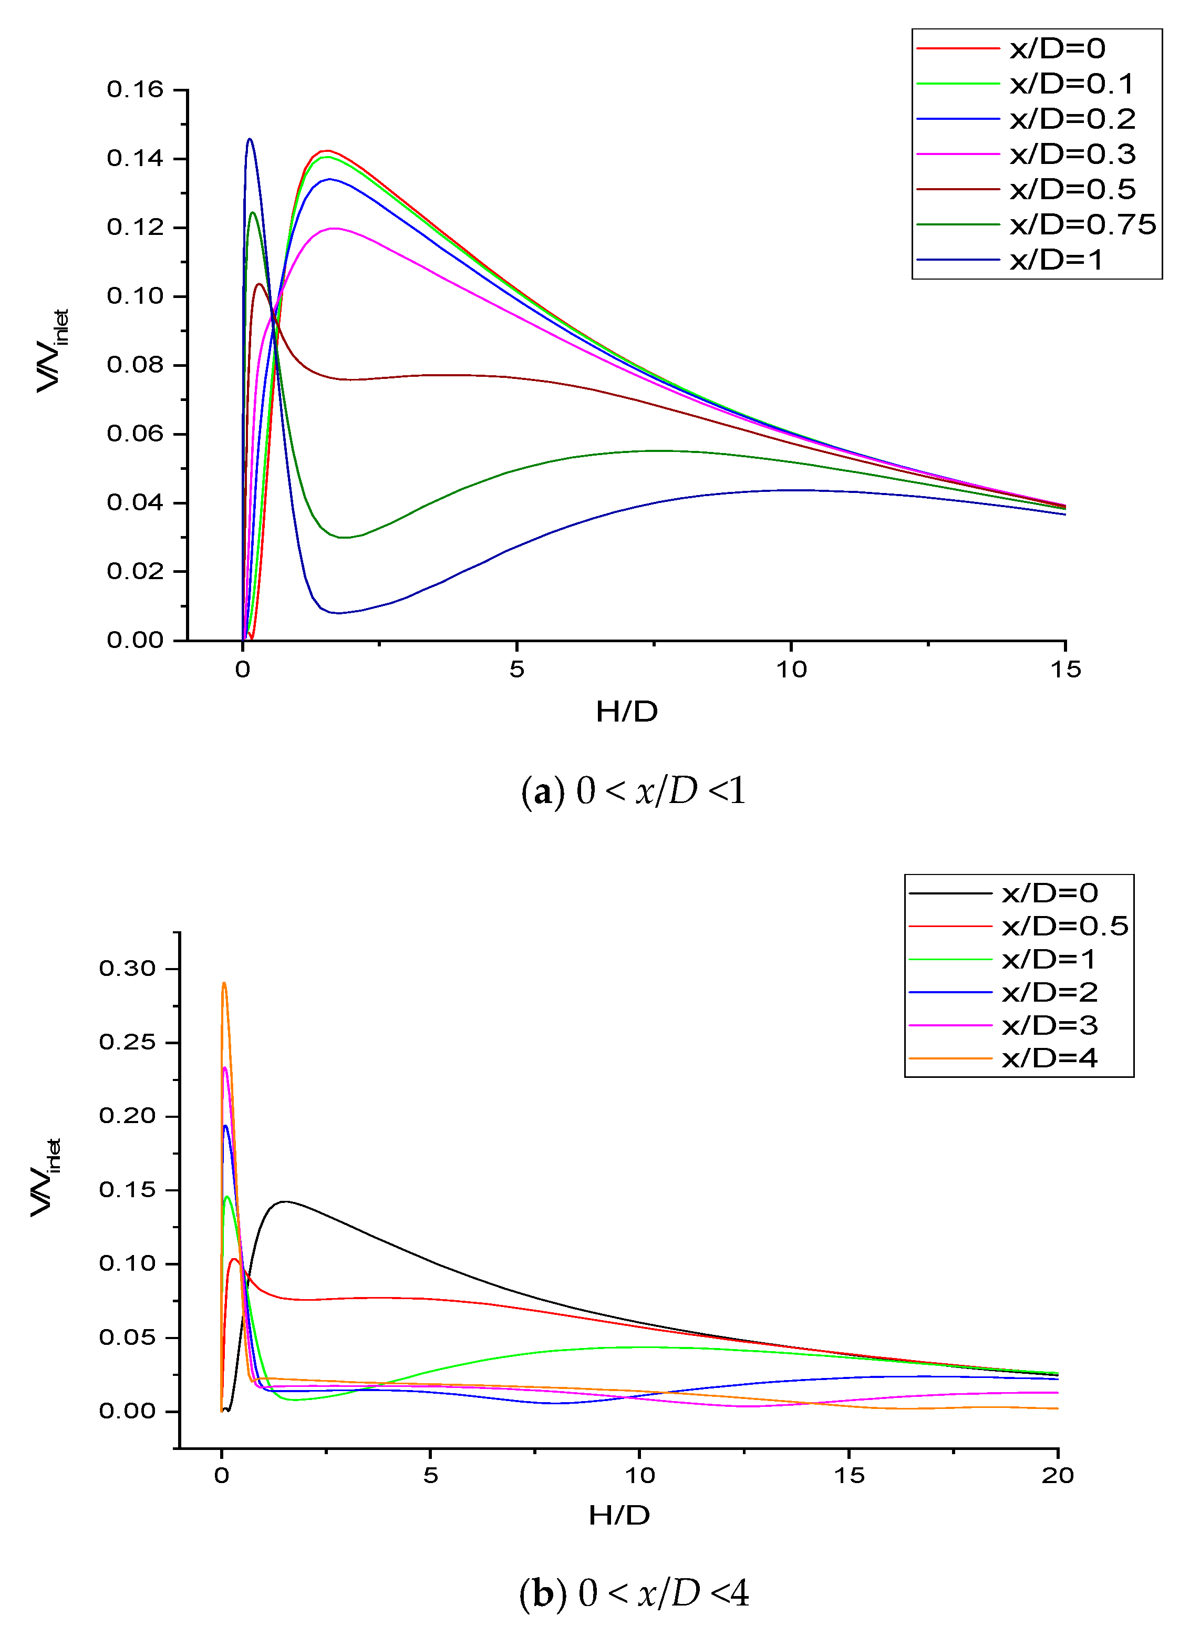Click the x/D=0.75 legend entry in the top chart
(1082, 224)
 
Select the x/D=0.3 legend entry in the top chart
(1072, 154)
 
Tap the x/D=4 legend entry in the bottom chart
(1050, 1058)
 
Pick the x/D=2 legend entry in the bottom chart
(1050, 992)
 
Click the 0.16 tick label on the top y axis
(135, 89)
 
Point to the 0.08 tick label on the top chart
(135, 365)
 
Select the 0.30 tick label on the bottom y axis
(128, 969)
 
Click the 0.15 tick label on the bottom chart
(128, 1190)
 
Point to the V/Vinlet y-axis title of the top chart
(53, 350)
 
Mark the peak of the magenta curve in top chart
(334, 228)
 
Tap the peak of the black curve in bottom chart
(284, 1201)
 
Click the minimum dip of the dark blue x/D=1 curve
(337, 612)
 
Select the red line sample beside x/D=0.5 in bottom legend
(950, 926)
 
